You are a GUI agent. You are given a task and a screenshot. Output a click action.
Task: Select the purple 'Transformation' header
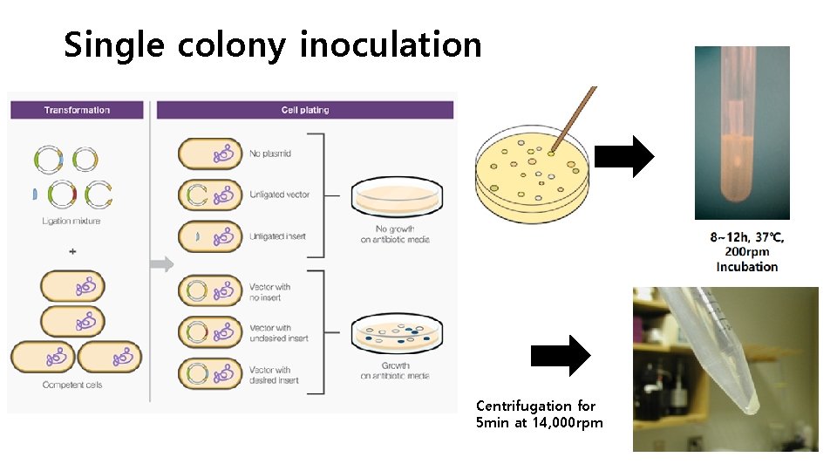(x=77, y=110)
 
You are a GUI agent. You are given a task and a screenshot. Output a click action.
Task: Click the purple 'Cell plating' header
(x=305, y=110)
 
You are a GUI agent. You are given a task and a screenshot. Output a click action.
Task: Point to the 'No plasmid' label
(x=270, y=154)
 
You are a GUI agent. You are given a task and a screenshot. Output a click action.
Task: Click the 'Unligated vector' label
(x=279, y=195)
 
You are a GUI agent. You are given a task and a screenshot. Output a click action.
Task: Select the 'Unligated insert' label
(x=277, y=236)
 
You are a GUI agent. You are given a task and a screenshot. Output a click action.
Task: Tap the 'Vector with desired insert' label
(x=276, y=375)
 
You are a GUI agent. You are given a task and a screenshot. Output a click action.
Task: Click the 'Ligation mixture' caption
(x=71, y=221)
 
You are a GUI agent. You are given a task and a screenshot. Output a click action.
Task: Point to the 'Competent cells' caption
(x=72, y=385)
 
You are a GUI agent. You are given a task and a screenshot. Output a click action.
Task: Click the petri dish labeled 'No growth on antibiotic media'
(x=395, y=199)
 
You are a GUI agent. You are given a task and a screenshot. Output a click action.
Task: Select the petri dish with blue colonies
(x=395, y=334)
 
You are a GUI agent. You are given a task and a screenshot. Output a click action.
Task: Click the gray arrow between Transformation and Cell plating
(x=162, y=264)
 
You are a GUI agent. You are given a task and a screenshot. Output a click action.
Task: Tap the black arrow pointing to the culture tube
(x=630, y=157)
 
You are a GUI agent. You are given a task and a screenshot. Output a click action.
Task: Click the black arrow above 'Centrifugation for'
(x=561, y=355)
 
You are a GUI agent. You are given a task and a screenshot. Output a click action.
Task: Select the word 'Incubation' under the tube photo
(x=747, y=267)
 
